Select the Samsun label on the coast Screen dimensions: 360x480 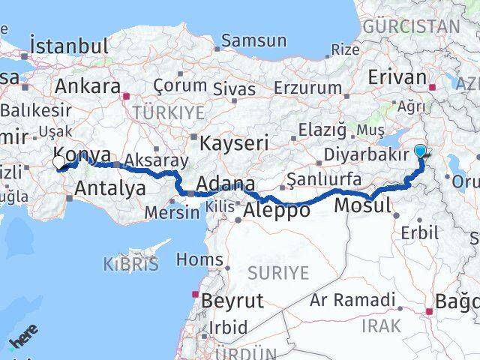point(254,40)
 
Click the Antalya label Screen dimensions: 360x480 point(110,188)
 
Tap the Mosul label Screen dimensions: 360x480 point(363,205)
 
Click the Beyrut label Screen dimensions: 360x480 point(232,301)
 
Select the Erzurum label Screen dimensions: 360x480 point(307,88)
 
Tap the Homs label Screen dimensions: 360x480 point(199,260)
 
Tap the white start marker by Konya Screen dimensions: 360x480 point(59,161)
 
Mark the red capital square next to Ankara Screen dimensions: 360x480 point(127,96)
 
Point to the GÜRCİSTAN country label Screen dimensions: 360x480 point(411,26)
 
